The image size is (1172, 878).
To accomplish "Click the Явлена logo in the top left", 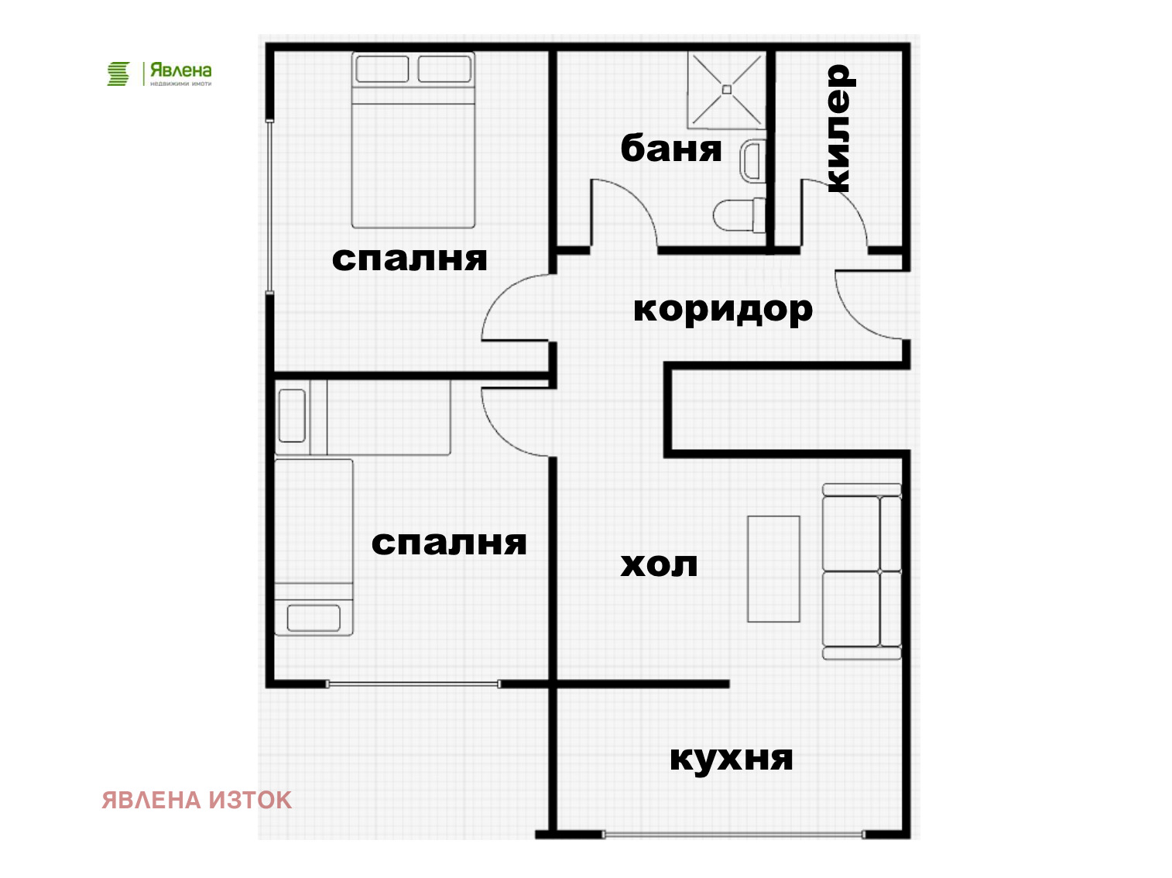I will click(159, 74).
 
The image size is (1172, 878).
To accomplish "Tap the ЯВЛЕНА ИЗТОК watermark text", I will click(197, 800).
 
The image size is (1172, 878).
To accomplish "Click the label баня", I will click(670, 148).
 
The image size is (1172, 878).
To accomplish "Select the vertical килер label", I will click(838, 129).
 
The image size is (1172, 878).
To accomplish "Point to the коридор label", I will click(722, 310).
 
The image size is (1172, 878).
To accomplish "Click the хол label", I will click(659, 564).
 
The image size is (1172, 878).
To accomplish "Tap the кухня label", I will click(731, 758).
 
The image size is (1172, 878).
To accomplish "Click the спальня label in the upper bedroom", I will click(410, 259).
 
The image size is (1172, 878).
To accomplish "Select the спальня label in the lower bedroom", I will click(449, 543).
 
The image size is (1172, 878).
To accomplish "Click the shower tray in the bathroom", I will click(726, 90).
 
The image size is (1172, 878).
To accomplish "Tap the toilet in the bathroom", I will click(738, 215).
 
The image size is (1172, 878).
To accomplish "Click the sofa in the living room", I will click(861, 571).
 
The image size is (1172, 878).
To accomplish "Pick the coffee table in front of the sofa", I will click(773, 568).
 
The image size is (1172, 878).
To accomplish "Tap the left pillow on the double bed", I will click(382, 69).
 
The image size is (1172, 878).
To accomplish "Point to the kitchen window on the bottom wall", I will click(732, 835).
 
